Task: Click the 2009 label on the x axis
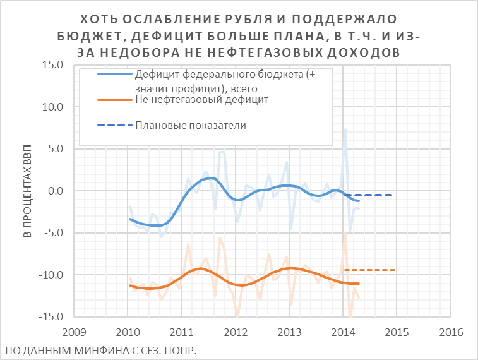click(x=74, y=332)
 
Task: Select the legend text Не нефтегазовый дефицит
click(x=202, y=99)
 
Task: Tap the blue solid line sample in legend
click(x=114, y=74)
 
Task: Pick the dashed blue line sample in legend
click(x=114, y=125)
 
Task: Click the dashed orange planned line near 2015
click(x=379, y=270)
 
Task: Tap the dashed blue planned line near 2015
click(x=379, y=195)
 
